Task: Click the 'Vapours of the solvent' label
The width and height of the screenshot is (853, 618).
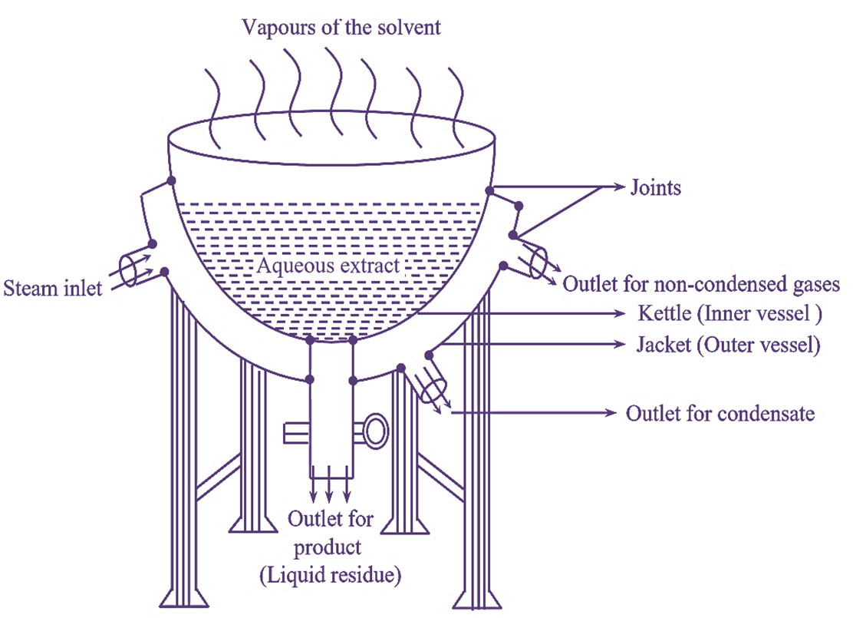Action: pyautogui.click(x=341, y=28)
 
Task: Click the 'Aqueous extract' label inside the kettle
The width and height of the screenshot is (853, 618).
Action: pyautogui.click(x=329, y=266)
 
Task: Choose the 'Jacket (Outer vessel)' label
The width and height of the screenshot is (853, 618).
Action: pyautogui.click(x=729, y=345)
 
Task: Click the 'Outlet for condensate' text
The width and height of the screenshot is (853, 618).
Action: pyautogui.click(x=720, y=414)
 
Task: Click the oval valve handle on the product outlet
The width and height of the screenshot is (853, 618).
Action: pyautogui.click(x=376, y=431)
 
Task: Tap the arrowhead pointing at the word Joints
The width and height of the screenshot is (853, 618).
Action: pyautogui.click(x=618, y=187)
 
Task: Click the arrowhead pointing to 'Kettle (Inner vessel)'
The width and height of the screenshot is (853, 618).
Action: pyautogui.click(x=622, y=314)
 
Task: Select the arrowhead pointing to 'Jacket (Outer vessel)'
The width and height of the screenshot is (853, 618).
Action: pyautogui.click(x=622, y=345)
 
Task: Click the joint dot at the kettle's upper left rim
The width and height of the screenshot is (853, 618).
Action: pyautogui.click(x=171, y=181)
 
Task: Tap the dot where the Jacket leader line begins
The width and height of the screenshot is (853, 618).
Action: pyautogui.click(x=430, y=354)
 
